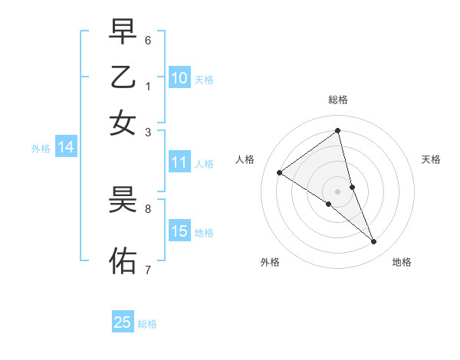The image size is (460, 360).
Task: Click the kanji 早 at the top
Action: [x=123, y=31]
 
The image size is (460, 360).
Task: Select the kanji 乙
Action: [x=123, y=77]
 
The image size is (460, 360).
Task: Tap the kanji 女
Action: [x=123, y=122]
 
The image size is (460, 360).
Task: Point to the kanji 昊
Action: [x=123, y=201]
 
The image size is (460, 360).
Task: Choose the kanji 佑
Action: [x=123, y=260]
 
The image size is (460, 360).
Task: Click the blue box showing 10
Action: [x=179, y=78]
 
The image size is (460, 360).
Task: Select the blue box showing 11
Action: [x=179, y=162]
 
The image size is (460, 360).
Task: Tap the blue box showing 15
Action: [x=179, y=231]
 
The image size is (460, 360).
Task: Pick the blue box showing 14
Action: [x=66, y=148]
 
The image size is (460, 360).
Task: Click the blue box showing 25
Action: [x=123, y=322]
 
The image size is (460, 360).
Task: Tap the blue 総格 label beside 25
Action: [x=147, y=324]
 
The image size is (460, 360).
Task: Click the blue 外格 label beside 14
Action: [x=40, y=149]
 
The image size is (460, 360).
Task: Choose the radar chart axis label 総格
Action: [x=337, y=100]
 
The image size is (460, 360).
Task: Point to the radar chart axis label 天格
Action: [x=431, y=159]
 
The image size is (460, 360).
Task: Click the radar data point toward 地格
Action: [x=374, y=242]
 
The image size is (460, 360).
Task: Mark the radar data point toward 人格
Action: [x=280, y=172]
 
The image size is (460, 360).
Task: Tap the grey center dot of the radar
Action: [x=337, y=191]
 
